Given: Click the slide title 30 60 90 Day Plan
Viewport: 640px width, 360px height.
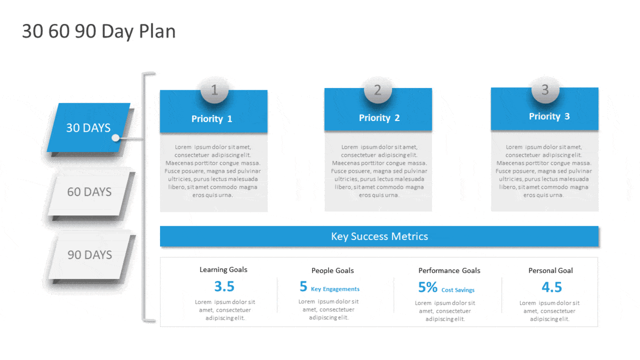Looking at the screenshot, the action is [99, 31].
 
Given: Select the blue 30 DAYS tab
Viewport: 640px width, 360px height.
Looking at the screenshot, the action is [89, 127].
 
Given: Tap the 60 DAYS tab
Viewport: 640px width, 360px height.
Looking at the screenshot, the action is [89, 192].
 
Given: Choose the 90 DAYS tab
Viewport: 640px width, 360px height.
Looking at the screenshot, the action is [90, 255].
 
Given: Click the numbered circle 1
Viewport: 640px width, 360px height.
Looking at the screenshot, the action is [214, 90].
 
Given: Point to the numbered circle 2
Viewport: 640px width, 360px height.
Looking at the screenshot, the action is [378, 90].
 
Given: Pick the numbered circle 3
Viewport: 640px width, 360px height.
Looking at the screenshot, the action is [545, 90].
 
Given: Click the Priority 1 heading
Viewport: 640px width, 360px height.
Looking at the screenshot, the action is [212, 118].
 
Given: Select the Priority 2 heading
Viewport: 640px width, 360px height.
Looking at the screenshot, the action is [379, 118].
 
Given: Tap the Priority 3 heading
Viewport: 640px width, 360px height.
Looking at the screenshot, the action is [549, 116].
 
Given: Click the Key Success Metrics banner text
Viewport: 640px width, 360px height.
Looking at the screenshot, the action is [379, 236].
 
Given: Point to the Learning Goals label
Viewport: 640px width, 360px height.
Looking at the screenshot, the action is [223, 269].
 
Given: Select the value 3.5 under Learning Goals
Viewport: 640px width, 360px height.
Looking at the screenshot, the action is [225, 286].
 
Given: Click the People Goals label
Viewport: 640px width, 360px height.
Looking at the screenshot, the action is [333, 270].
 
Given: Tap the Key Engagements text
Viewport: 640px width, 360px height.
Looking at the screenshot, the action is [335, 289].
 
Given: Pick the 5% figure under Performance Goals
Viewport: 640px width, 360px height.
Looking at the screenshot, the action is [428, 287].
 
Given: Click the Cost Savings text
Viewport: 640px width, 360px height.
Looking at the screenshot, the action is [458, 290].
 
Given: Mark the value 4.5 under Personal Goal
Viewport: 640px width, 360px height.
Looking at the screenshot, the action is [551, 287].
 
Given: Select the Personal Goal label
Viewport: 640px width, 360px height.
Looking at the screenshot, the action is [550, 270].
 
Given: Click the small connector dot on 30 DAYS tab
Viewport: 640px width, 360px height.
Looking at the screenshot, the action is [115, 138].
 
